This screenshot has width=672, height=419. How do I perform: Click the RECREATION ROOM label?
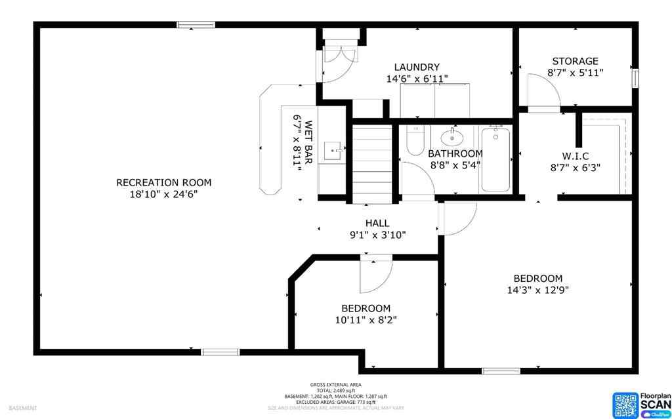[x=163, y=182]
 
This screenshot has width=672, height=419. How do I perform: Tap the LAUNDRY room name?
[x=417, y=67]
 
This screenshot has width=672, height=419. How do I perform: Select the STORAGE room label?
[x=575, y=61]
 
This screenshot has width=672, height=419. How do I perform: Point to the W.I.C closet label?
[x=575, y=155]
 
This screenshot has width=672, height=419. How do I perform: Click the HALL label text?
[x=377, y=223]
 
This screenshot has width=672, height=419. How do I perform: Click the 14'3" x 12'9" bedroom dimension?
[x=537, y=290]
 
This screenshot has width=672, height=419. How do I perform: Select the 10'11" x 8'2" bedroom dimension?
[x=366, y=320]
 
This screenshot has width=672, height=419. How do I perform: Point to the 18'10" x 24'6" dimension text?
[x=163, y=194]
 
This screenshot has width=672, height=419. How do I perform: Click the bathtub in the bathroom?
[x=496, y=159]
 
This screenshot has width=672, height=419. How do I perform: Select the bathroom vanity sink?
[x=452, y=138]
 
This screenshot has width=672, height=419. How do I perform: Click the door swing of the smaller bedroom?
[x=375, y=275]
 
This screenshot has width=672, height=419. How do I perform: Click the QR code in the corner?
[x=625, y=404]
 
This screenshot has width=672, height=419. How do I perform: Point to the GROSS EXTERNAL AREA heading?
[x=335, y=385]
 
